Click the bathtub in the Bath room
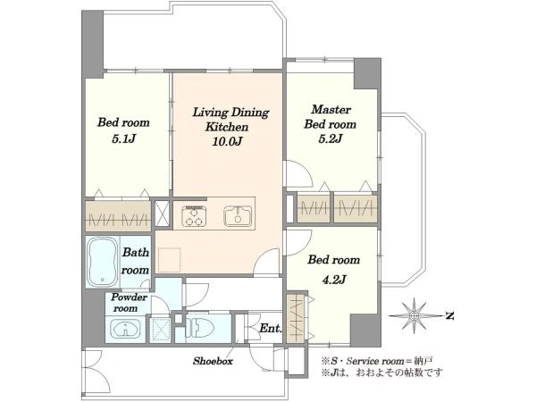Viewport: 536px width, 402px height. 102,261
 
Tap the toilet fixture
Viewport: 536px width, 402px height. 200,328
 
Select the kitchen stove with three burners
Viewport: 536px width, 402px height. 195,216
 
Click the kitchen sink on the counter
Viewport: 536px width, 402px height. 238,216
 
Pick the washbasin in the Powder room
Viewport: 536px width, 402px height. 126,329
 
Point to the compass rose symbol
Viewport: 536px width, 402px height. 415,315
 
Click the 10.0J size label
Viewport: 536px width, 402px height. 227,141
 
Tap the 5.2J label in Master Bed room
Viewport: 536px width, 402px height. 331,138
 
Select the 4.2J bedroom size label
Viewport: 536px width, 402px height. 334,280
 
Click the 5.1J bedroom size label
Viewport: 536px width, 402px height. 124,139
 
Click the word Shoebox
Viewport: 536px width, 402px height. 213,361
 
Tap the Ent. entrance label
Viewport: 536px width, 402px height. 271,329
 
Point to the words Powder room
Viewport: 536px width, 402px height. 129,303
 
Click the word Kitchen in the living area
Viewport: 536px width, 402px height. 227,127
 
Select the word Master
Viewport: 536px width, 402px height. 331,110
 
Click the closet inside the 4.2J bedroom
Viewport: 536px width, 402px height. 297,318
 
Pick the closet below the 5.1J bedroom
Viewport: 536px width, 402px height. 118,215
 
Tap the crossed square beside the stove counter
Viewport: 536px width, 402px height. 162,214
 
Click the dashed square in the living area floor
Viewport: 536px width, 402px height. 170,258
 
